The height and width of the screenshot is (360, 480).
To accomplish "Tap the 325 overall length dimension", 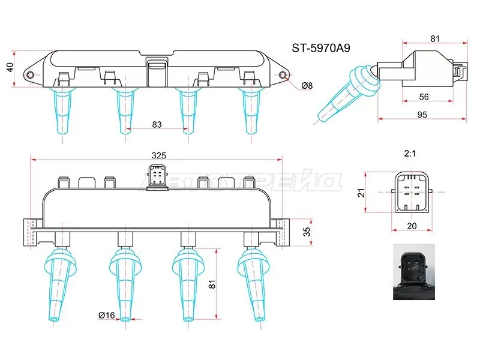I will (158, 155).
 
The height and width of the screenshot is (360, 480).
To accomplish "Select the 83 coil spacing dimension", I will (157, 125).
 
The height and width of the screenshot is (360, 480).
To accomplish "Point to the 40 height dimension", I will (9, 68).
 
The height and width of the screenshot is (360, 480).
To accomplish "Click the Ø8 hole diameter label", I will (307, 86).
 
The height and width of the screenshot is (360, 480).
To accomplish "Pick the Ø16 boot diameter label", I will (107, 315).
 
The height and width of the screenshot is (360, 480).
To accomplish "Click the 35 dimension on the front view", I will (307, 232).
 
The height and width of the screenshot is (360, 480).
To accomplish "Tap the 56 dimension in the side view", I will (424, 97).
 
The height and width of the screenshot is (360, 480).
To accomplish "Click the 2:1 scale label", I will (410, 154).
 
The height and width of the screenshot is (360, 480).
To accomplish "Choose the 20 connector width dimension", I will (411, 226).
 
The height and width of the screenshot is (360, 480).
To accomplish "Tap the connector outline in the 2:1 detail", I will (411, 193).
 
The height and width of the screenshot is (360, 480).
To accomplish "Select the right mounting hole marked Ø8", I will (283, 75).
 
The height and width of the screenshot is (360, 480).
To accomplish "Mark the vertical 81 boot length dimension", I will (211, 286).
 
